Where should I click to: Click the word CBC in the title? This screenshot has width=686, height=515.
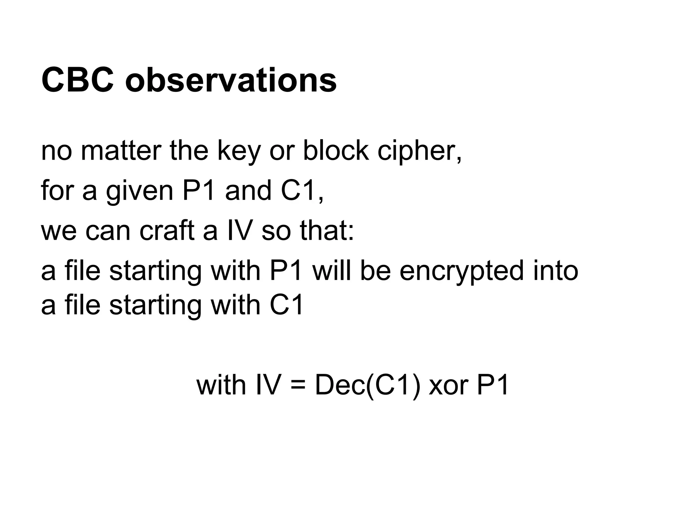[77, 80]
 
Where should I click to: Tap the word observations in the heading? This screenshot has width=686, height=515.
[231, 80]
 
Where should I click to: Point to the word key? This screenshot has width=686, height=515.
[238, 152]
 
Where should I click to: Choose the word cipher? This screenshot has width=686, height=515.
[419, 152]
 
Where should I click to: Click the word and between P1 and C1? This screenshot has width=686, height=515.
[248, 190]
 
